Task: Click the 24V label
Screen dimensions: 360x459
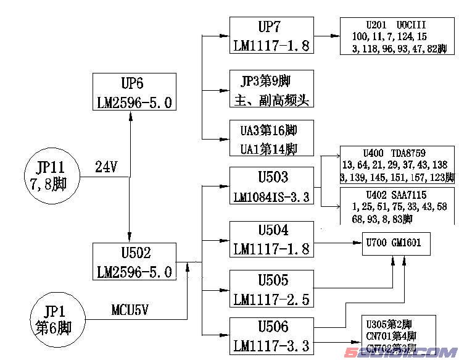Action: pos(106,167)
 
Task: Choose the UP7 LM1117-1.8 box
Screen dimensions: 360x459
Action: pos(271,36)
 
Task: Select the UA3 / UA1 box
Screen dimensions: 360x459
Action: pos(271,139)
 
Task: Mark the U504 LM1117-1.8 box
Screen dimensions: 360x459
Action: pos(271,240)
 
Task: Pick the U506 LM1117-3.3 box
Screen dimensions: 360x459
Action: pos(271,336)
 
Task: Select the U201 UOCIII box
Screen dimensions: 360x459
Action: pos(393,36)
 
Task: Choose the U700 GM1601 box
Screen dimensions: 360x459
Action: pos(395,243)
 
